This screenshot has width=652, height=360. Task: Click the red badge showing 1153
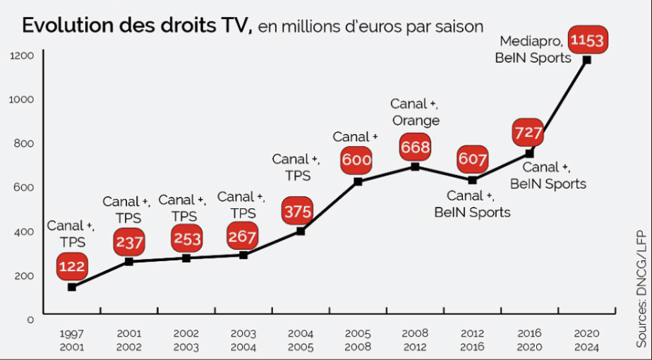pyautogui.click(x=587, y=40)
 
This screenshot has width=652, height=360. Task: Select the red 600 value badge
pyautogui.click(x=356, y=160)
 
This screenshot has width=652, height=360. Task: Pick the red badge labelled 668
pyautogui.click(x=415, y=148)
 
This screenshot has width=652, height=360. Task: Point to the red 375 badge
pyautogui.click(x=298, y=211)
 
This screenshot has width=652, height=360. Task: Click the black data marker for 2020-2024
pyautogui.click(x=586, y=60)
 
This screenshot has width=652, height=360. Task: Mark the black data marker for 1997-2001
pyautogui.click(x=71, y=287)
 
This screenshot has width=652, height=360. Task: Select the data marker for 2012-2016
pyautogui.click(x=472, y=180)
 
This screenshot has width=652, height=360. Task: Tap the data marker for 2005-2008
pyautogui.click(x=358, y=181)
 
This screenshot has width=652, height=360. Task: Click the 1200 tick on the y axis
pyautogui.click(x=22, y=54)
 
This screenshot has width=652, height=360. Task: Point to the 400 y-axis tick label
pyautogui.click(x=25, y=231)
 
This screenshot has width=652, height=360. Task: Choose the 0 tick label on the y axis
pyautogui.click(x=30, y=319)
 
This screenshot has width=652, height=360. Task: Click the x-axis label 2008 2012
pyautogui.click(x=415, y=340)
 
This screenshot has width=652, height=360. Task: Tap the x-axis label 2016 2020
pyautogui.click(x=529, y=340)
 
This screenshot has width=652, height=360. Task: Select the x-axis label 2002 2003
pyautogui.click(x=186, y=340)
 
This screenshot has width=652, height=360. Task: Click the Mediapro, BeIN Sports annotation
pyautogui.click(x=534, y=49)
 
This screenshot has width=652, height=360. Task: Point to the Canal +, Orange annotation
pyautogui.click(x=415, y=112)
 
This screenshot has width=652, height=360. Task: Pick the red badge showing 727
pyautogui.click(x=529, y=132)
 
